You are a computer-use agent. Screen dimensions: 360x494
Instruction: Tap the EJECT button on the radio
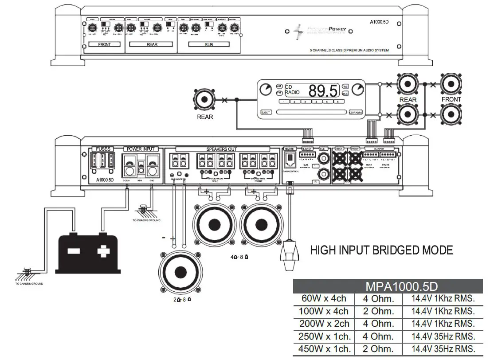pos(266,113)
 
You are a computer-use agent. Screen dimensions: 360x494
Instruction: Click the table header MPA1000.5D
pos(388,286)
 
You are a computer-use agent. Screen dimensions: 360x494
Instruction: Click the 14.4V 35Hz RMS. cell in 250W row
pos(443,336)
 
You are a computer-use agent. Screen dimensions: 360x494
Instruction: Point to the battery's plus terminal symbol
pos(103,251)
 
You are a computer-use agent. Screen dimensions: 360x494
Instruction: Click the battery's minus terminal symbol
pos(73,251)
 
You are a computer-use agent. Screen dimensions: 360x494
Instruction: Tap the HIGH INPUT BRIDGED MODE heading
pos(381,250)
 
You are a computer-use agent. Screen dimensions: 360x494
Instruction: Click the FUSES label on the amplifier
pos(103,149)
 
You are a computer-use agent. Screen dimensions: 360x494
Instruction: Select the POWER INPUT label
pos(141,149)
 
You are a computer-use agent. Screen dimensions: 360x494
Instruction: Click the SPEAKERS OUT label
pos(221,149)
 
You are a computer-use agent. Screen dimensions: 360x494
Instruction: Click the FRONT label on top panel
pos(104,45)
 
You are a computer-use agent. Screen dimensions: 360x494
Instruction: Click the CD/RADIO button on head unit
pos(356,113)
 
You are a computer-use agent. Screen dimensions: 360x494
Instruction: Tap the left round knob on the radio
pos(266,89)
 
